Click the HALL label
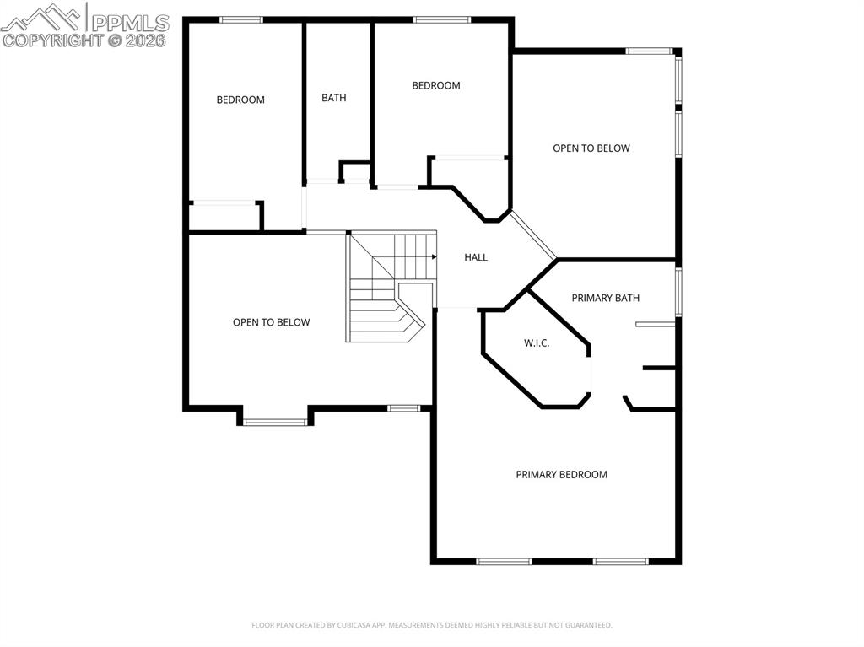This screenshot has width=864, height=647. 476,257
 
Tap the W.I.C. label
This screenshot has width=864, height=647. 536,343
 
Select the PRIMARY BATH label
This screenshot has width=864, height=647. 605,298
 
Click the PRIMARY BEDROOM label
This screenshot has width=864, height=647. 561,475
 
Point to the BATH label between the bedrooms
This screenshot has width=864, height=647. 334,98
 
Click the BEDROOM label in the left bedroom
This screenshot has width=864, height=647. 240,100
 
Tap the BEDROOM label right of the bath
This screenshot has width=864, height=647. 436,85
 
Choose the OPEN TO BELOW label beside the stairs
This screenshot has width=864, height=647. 271,322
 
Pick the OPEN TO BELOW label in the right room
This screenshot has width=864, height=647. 591,148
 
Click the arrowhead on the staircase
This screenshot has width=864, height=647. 435,256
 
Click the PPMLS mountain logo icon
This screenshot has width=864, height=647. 41,18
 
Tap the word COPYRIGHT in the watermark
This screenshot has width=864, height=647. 53,40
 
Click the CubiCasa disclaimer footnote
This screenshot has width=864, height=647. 431,625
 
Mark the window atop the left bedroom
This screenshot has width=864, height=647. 240,20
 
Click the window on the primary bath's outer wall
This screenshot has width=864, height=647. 678,292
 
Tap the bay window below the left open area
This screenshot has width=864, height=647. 275,423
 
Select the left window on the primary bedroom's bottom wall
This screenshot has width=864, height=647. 504,562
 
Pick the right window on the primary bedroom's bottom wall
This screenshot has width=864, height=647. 620,562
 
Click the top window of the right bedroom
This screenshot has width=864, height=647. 442,20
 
